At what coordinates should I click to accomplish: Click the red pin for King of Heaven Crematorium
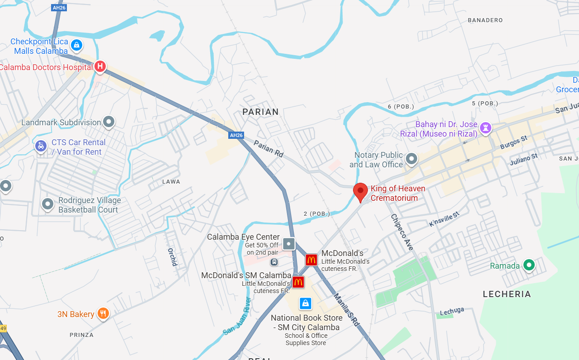(x=360, y=192)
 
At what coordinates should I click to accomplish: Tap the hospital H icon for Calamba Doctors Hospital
(x=100, y=67)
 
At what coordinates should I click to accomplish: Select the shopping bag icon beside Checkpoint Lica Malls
(x=77, y=45)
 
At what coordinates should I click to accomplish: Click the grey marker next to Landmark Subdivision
(x=108, y=122)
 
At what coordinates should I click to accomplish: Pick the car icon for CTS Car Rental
(x=41, y=146)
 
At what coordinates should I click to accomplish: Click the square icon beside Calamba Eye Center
(x=289, y=244)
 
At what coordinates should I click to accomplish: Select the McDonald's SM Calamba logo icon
(x=298, y=282)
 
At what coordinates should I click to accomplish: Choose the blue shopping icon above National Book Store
(x=306, y=303)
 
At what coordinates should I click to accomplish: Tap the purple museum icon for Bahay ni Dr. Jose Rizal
(x=486, y=128)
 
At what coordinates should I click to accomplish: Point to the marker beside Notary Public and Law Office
(x=411, y=159)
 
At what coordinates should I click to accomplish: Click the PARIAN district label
(x=261, y=112)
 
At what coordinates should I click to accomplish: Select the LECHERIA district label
(x=507, y=294)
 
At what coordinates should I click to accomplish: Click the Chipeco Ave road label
(x=402, y=232)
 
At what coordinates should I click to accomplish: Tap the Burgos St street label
(x=514, y=142)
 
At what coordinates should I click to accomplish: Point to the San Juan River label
(x=237, y=316)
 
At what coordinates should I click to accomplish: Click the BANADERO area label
(x=485, y=20)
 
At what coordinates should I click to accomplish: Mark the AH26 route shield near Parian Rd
(x=236, y=135)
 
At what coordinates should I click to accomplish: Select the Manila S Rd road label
(x=346, y=309)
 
